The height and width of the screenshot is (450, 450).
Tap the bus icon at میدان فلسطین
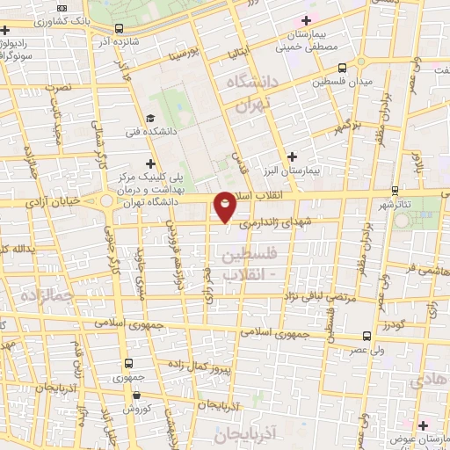342,66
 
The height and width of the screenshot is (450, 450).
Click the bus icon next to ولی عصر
367,336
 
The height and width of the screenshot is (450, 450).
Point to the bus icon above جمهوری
129,363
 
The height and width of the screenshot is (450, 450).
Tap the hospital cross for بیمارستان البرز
292,156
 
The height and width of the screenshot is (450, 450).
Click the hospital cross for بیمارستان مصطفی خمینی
305,19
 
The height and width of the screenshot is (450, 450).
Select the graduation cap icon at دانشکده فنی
150,118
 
